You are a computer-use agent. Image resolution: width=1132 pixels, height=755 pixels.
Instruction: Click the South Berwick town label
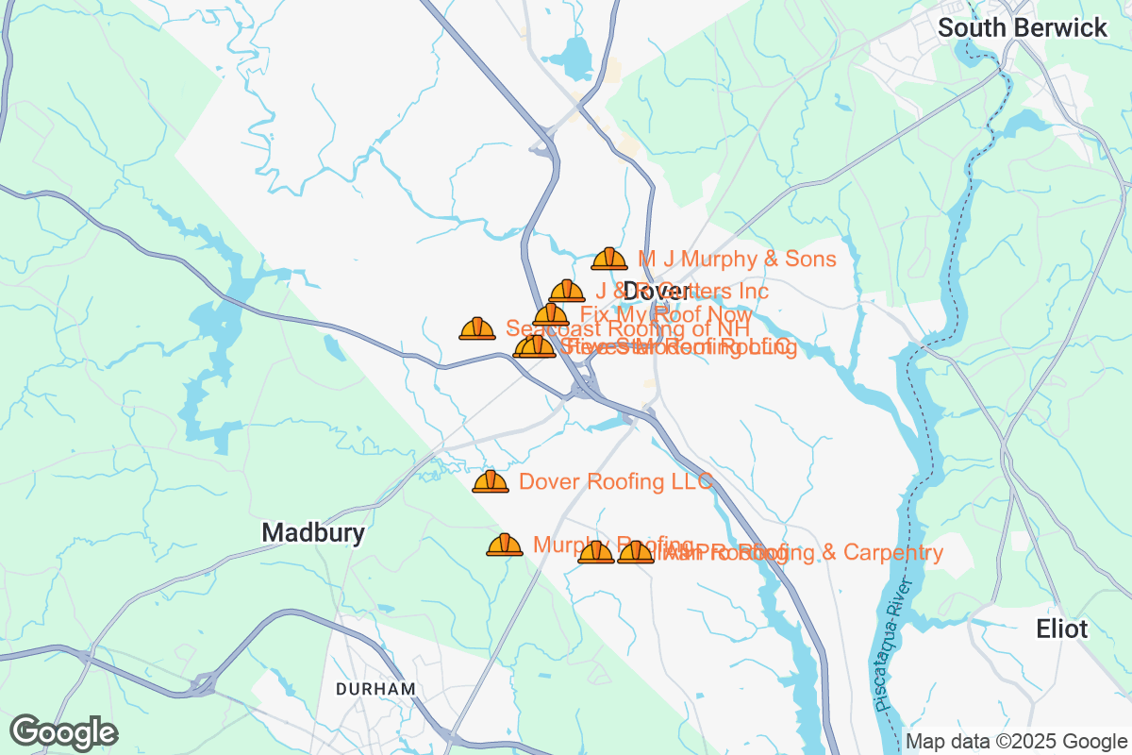coord(1023,28)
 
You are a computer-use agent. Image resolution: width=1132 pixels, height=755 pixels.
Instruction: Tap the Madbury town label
coord(313,533)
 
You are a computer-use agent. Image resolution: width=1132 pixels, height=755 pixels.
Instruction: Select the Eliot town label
coord(1061,629)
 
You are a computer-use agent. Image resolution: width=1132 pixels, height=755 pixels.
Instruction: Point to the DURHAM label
coord(375,689)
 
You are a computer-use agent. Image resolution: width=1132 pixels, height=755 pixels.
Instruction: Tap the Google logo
coord(64,732)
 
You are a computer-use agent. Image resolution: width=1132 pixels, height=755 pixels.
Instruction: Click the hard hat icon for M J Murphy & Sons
coord(609,259)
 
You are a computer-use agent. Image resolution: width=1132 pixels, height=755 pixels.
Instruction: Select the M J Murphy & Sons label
coord(737,259)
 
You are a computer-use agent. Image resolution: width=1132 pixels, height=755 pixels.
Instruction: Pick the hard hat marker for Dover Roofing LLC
coord(491,481)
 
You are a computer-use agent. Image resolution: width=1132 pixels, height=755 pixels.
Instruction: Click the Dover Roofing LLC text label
coord(616,481)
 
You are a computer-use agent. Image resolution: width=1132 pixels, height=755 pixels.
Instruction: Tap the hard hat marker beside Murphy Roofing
coord(505,545)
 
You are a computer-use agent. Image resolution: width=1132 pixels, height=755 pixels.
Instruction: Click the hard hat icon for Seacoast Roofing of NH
coord(477,328)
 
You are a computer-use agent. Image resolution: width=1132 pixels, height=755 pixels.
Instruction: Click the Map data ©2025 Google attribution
coord(1016,741)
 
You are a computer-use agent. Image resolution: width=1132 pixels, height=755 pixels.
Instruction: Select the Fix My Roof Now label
coord(666,314)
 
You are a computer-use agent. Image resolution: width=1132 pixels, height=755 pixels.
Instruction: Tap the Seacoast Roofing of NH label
coord(628,328)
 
